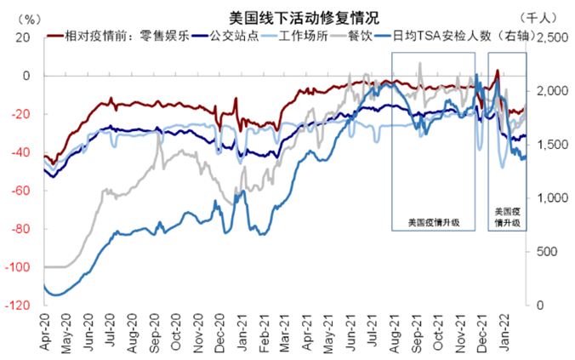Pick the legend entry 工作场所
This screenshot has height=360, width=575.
293,37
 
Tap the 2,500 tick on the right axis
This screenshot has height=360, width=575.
549,37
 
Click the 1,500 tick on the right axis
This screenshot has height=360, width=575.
549,145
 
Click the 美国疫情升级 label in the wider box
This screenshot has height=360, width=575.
434,223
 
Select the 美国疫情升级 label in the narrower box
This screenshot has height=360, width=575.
507,216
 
